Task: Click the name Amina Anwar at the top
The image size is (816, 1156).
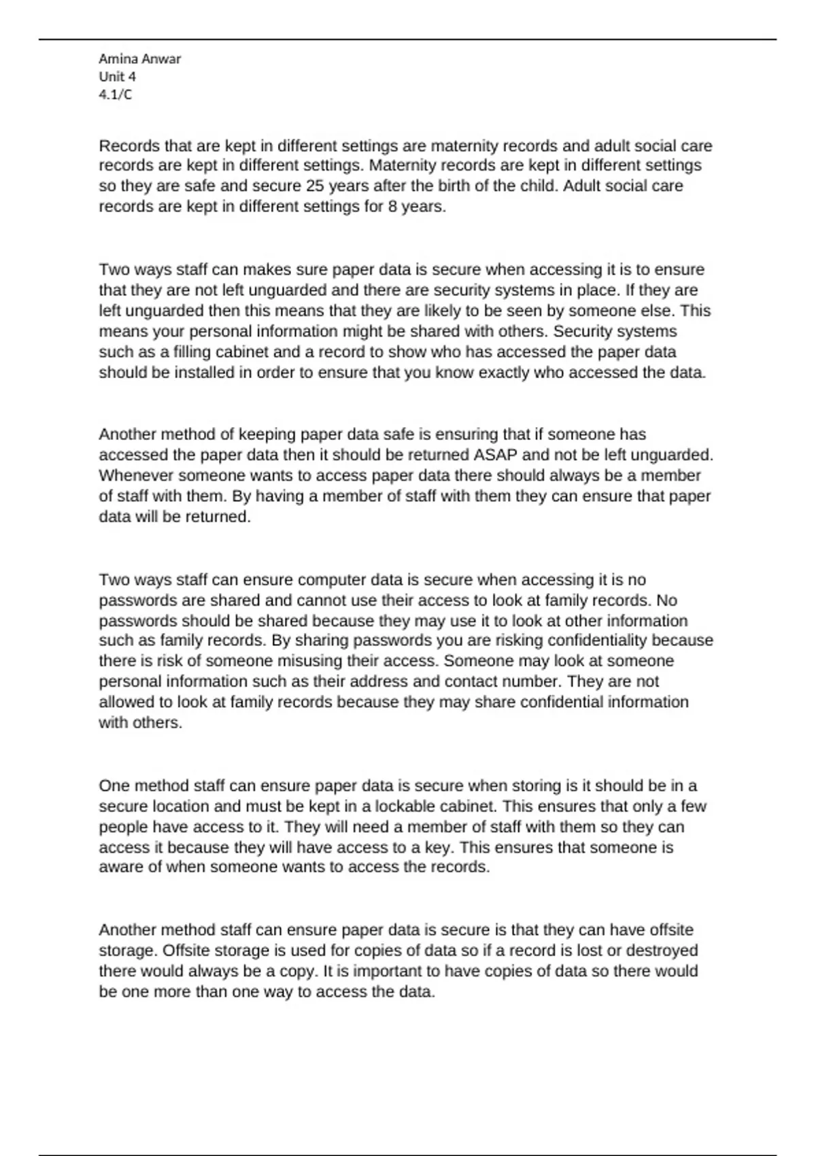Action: coord(139,59)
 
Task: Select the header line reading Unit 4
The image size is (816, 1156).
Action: coord(117,77)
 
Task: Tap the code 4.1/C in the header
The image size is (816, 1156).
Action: coord(115,95)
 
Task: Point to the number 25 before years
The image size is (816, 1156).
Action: coord(315,186)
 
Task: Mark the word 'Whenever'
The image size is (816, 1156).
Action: coord(135,475)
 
